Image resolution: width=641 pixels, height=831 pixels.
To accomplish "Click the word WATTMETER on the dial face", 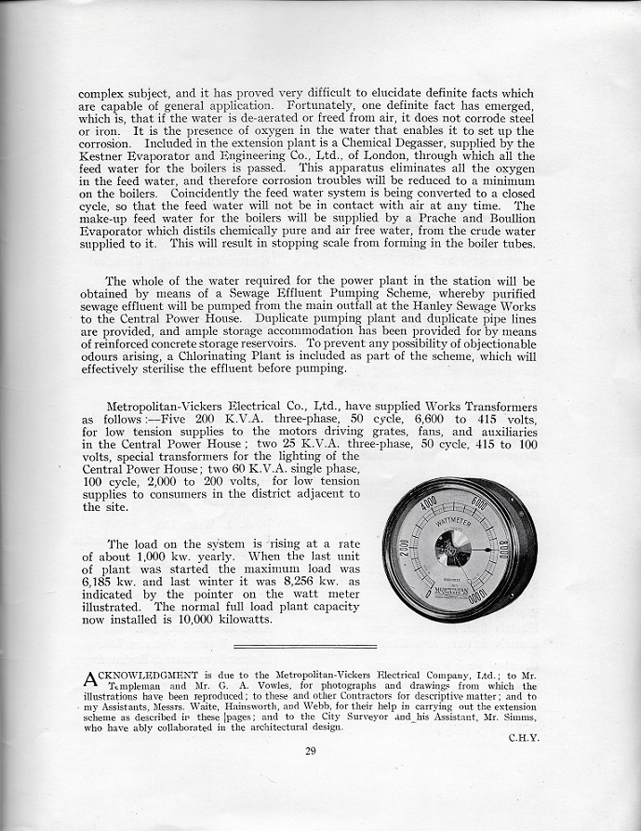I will [x=458, y=533].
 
